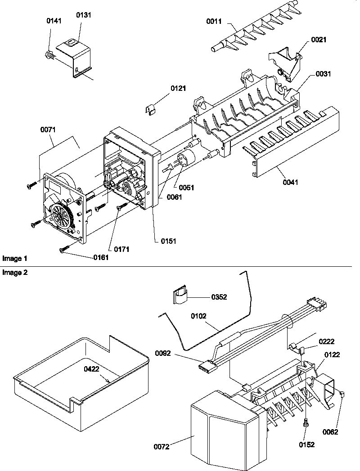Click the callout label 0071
[48, 130]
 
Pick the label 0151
[169, 241]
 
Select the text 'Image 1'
[15, 259]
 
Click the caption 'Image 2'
[15, 273]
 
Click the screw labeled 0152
[306, 423]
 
